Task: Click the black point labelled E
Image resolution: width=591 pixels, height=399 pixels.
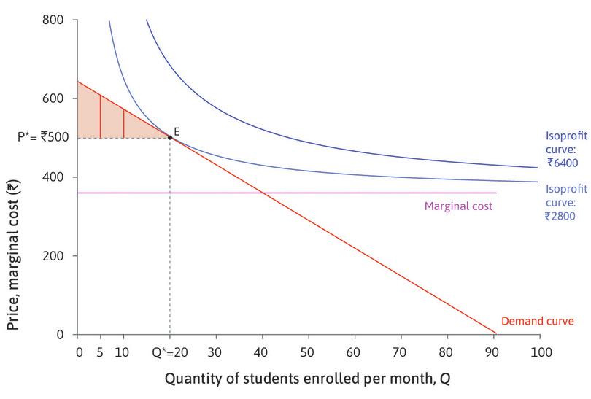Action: click(170, 137)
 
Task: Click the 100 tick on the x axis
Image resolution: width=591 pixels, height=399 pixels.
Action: click(539, 352)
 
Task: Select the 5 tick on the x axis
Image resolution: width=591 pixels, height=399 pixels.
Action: click(100, 352)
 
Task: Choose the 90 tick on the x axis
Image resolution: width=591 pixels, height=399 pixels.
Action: click(493, 352)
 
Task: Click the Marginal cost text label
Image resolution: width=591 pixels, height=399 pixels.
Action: click(458, 206)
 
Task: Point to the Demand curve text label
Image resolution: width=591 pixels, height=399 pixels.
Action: click(538, 321)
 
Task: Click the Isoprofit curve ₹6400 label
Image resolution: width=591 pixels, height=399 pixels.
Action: click(566, 149)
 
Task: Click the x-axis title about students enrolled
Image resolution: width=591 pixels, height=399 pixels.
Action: click(309, 379)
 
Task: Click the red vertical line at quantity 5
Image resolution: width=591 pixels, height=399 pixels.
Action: click(100, 117)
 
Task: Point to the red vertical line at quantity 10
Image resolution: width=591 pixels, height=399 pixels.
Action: click(123, 124)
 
